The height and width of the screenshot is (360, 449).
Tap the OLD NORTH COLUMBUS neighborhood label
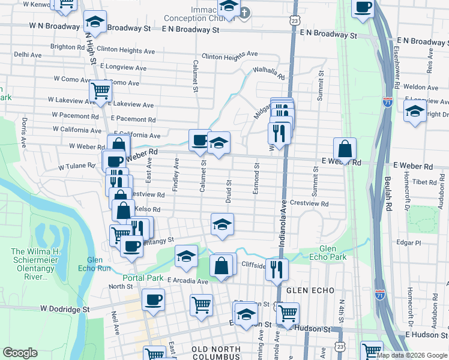coord(215,349)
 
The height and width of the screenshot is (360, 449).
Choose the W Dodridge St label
coord(64,308)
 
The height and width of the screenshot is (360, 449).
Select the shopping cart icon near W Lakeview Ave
coord(100,92)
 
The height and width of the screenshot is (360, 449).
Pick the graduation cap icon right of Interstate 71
coord(415,111)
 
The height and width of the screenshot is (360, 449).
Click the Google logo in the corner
coord(20,353)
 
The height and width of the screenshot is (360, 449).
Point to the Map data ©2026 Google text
coord(412,355)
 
